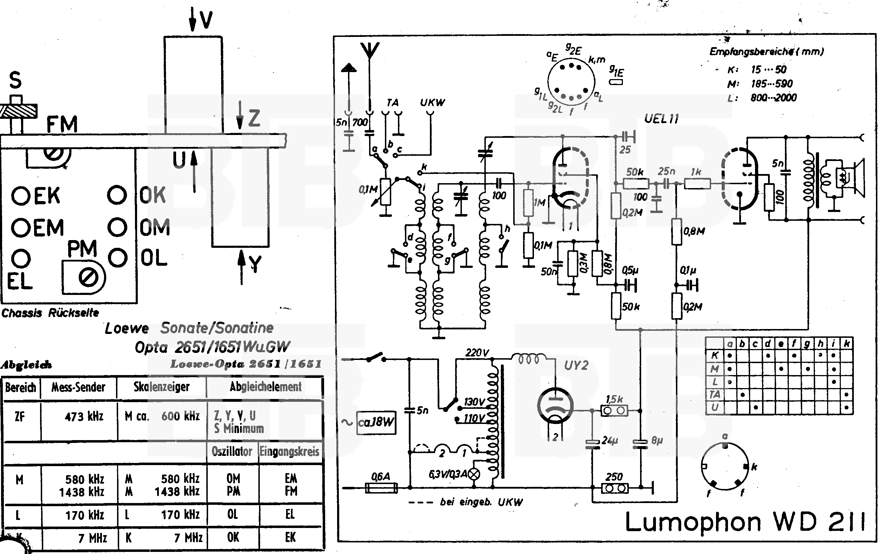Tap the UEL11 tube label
click(661, 119)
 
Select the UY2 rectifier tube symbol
click(555, 406)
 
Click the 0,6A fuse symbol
click(381, 488)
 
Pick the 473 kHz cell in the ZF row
click(84, 417)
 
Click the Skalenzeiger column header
click(161, 387)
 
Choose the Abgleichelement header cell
click(265, 387)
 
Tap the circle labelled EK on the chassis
click(20, 196)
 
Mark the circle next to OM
click(117, 227)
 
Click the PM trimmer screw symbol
click(88, 277)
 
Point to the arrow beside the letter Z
click(240, 115)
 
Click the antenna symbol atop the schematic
click(370, 51)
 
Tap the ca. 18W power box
click(376, 423)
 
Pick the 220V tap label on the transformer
click(477, 353)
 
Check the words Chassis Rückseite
click(50, 313)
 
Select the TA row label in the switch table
click(715, 395)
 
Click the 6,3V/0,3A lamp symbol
click(475, 474)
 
